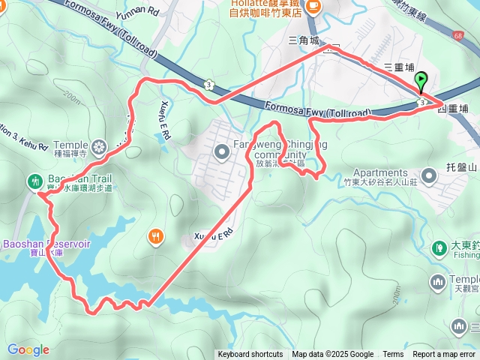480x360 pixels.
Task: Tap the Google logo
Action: click(x=28, y=349)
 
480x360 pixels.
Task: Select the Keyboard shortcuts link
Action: click(x=250, y=355)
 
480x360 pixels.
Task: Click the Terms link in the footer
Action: click(x=393, y=355)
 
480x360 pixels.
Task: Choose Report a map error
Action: click(x=444, y=355)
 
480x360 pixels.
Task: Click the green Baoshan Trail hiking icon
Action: click(x=34, y=181)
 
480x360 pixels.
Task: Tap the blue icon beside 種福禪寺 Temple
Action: click(x=100, y=145)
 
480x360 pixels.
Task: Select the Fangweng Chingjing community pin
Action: click(x=221, y=152)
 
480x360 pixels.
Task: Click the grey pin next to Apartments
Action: click(x=429, y=175)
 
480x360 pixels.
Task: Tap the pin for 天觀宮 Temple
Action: click(x=439, y=282)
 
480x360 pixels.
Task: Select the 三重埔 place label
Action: click(x=399, y=67)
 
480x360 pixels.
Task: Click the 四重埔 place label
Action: click(x=452, y=109)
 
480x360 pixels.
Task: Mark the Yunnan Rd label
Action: click(x=138, y=11)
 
